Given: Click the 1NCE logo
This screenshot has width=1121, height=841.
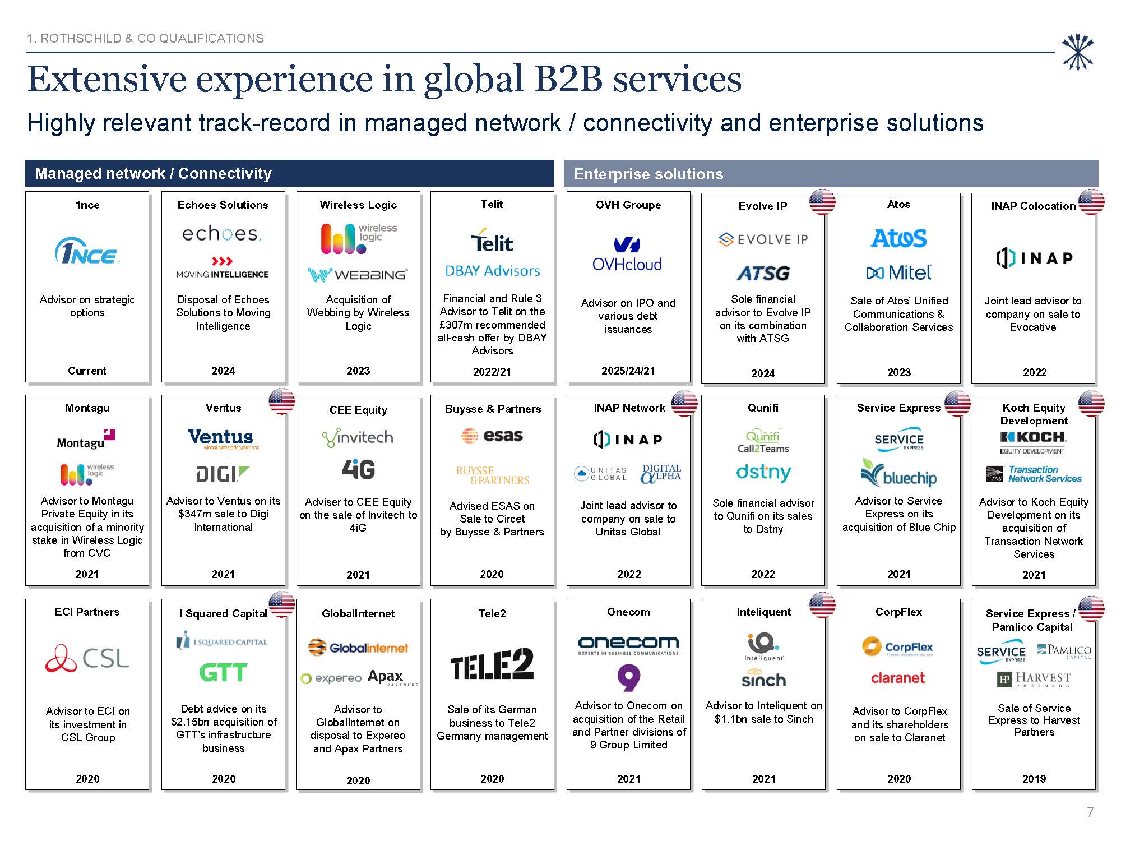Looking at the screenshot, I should pos(87,251).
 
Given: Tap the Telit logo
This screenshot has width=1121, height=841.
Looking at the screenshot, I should pos(492,241).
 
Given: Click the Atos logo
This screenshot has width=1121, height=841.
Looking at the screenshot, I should pos(898,238).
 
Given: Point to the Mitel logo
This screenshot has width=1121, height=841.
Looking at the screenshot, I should pos(898,273).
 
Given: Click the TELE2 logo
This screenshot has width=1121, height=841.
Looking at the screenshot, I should pos(492,664).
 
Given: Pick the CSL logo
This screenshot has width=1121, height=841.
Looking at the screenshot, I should pos(87,658).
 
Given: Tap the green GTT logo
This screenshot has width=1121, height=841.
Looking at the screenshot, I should pos(223,672).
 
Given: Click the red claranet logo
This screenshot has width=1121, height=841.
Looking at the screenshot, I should pos(898,678).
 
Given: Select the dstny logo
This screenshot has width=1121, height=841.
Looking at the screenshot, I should pos(763,473).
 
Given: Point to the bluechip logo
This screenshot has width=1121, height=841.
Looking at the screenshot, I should pos(898,474).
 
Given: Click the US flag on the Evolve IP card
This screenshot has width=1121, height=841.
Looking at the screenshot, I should pos(822,202).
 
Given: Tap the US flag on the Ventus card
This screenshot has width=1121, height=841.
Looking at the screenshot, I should pos(282,401).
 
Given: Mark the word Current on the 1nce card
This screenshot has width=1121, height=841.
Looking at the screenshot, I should pos(87,371).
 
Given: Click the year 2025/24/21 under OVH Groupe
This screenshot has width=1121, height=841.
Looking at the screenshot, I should pos(628,371).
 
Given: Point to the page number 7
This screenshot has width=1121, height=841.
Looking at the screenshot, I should pos(1090,812).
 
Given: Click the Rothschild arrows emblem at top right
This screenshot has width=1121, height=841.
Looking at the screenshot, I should pos(1077,52).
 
